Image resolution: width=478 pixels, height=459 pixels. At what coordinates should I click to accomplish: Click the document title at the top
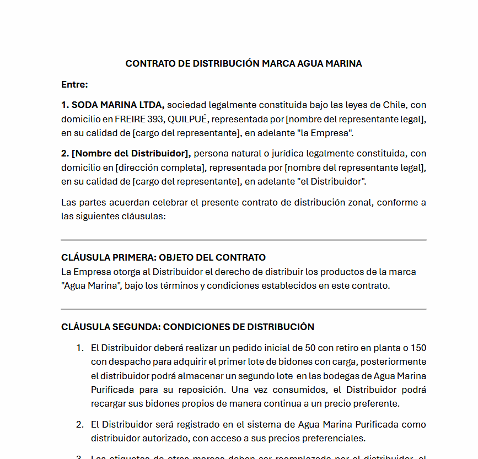coord(244,63)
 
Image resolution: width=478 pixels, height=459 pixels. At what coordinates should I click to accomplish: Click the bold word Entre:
coord(74,84)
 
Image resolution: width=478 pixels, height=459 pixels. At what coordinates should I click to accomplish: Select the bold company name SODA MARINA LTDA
coord(112,105)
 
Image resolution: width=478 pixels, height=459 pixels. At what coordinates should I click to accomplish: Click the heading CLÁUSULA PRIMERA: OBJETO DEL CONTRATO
coord(163,257)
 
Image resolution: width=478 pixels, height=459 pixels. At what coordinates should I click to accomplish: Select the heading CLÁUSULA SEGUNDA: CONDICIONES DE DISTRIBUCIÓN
coord(187,327)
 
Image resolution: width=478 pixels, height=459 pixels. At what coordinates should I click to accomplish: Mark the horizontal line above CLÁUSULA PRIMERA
coord(244,240)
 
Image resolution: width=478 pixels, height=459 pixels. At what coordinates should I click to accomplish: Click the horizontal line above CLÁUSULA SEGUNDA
coord(244,310)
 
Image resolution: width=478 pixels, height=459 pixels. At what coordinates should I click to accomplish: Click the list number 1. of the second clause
coord(79,348)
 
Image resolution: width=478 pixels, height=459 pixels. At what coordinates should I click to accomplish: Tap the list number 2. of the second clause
coord(79,425)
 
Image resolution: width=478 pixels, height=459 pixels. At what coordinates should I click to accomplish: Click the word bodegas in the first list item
coord(351,376)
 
